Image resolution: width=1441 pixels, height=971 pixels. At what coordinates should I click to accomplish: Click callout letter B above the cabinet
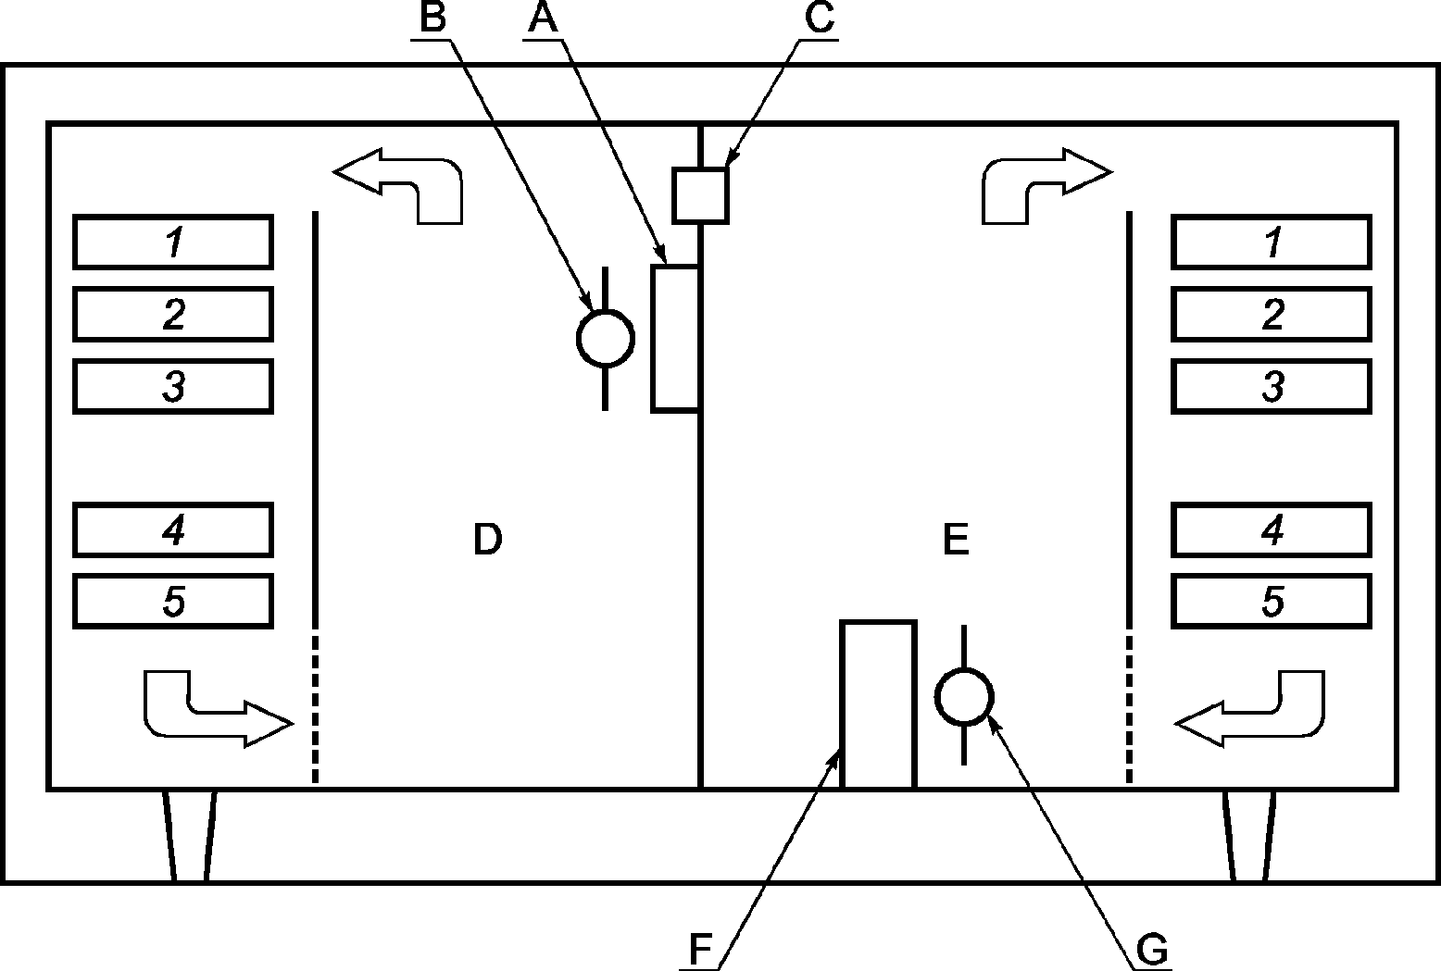[432, 18]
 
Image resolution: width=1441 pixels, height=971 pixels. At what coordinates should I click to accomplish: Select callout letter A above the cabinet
[543, 18]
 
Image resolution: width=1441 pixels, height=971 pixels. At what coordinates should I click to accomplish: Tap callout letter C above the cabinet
[820, 18]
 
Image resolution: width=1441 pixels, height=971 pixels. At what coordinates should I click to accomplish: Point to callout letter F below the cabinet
[700, 949]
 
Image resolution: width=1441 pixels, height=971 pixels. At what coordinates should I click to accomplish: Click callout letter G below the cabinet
[1152, 950]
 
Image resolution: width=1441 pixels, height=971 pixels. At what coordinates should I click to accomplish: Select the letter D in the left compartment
[488, 539]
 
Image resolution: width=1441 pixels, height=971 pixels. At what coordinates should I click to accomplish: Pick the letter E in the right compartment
[956, 539]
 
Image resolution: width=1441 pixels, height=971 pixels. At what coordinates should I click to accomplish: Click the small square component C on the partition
[700, 195]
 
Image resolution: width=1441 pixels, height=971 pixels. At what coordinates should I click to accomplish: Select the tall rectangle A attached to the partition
[675, 338]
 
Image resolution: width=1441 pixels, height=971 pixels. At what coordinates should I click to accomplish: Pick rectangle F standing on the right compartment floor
[878, 704]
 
